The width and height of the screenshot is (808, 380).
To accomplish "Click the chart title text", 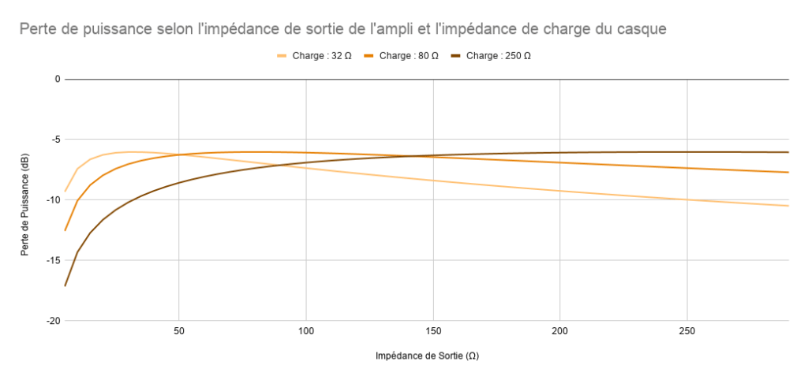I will (343, 30).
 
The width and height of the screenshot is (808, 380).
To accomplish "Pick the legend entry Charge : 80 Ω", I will (409, 56).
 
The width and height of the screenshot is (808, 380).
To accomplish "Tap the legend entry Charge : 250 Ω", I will (499, 56).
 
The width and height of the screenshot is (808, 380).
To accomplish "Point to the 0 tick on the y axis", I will (57, 79).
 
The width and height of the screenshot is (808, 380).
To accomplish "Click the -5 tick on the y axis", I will (55, 140).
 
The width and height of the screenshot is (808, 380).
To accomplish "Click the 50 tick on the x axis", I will (179, 330).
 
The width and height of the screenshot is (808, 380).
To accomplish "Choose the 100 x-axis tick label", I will (306, 330).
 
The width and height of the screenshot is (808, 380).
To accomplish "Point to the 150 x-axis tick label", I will (433, 330).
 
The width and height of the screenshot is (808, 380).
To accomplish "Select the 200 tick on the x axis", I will (560, 330).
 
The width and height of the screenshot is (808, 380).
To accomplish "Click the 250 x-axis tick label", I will (687, 330).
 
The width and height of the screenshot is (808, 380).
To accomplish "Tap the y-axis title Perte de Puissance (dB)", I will (25, 200).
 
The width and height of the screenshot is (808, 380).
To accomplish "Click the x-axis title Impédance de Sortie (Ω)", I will (427, 356).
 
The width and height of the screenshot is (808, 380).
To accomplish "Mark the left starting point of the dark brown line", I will (65, 285).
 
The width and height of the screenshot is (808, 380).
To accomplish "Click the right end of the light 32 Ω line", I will (788, 206).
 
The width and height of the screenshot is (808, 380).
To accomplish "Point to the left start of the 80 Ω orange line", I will (65, 230).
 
